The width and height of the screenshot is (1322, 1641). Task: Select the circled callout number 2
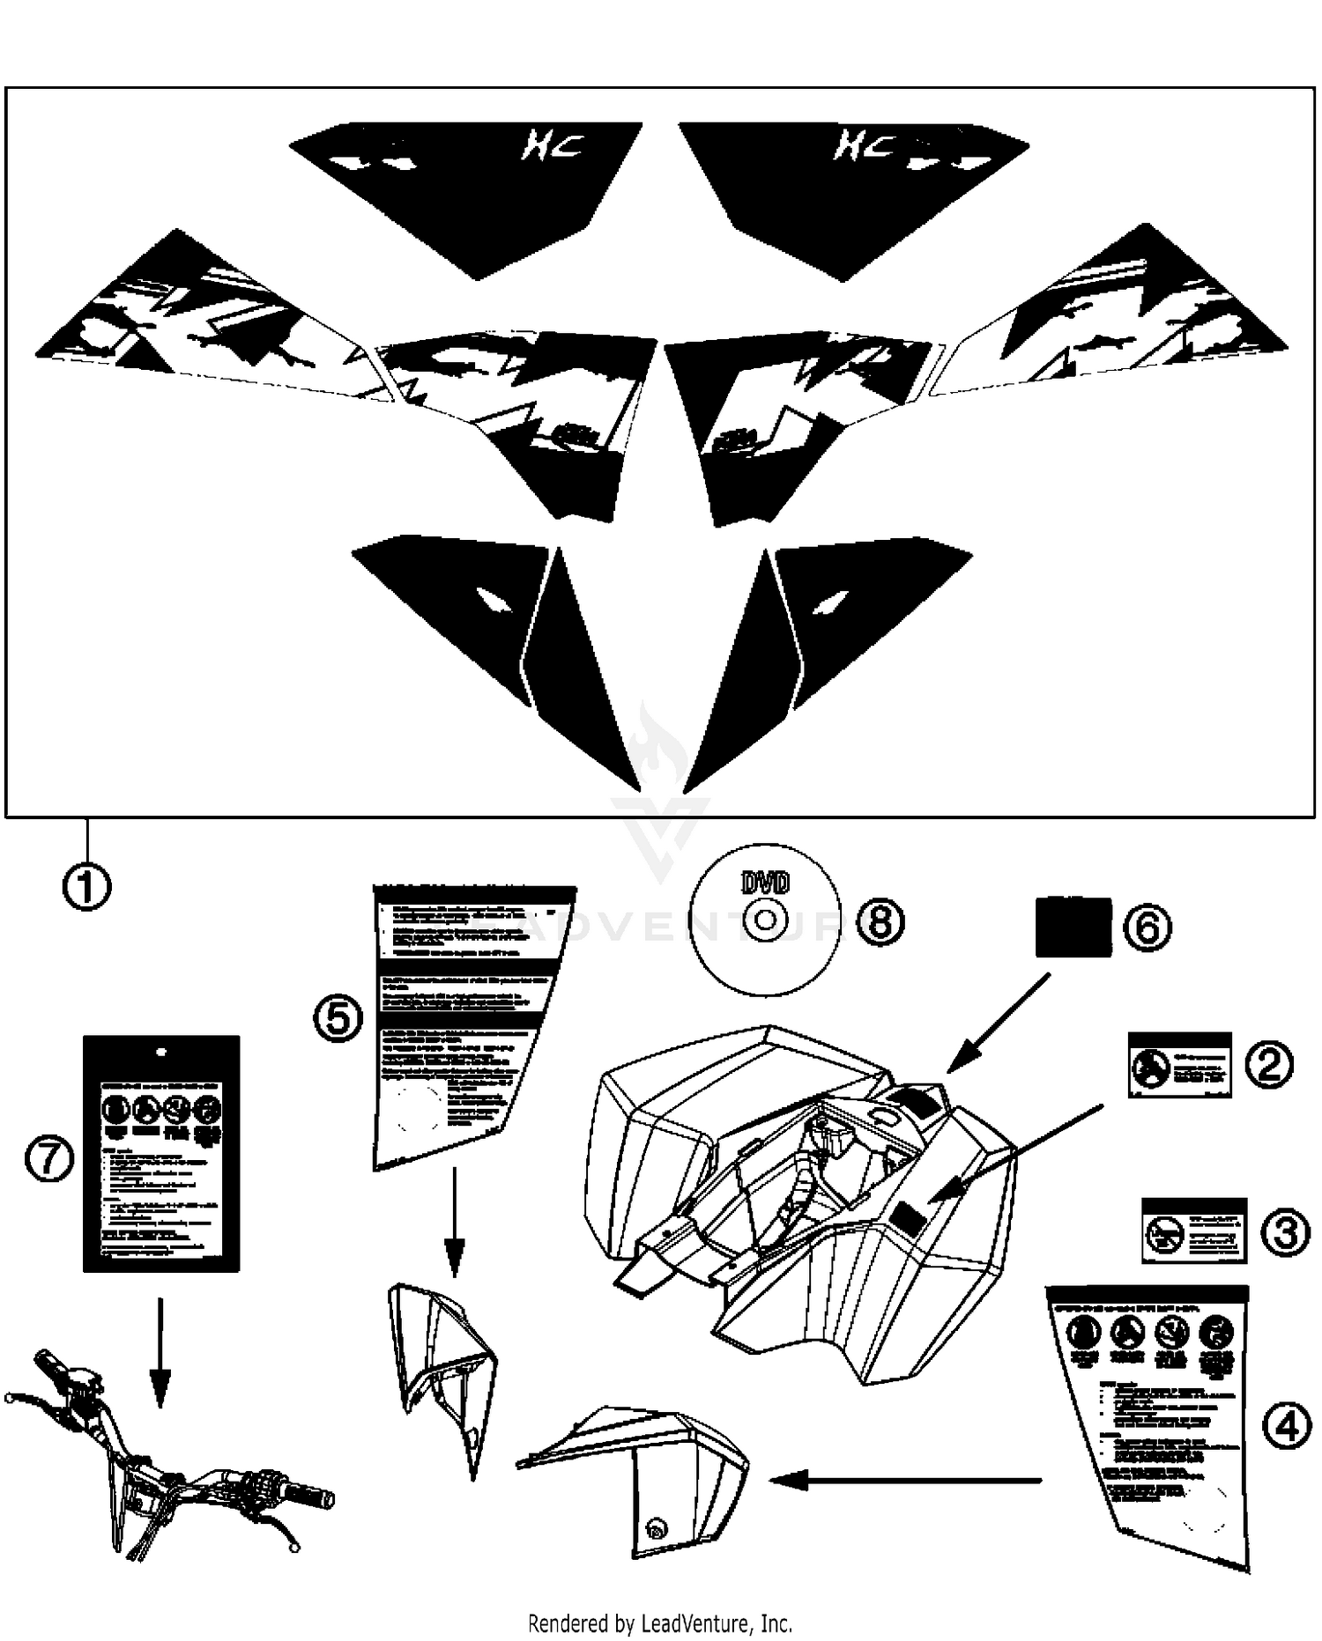point(1268,1064)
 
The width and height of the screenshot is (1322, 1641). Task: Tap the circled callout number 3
point(1285,1231)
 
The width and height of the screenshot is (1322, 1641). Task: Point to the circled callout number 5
point(338,1019)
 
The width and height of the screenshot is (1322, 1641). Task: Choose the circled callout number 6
point(1147,927)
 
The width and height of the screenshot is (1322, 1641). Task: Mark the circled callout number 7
point(49,1159)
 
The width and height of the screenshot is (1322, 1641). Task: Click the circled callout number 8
point(880,922)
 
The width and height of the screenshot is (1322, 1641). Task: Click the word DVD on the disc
point(765,883)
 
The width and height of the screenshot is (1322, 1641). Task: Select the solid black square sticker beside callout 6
point(1073,927)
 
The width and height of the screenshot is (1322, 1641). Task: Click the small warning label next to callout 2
point(1179,1065)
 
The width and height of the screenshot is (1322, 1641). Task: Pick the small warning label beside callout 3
point(1193,1231)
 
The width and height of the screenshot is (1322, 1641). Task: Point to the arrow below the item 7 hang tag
point(160,1352)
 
